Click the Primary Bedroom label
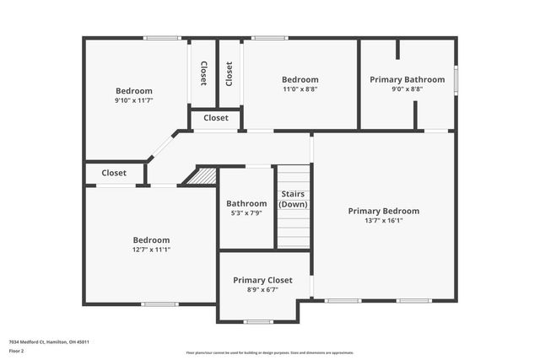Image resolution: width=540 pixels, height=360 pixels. [384, 211]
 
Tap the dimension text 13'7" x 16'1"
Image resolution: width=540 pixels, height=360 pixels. [384, 221]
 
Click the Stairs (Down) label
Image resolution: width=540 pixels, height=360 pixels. [294, 199]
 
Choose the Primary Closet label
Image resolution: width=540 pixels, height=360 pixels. [262, 280]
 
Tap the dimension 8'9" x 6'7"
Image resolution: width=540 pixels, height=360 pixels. [262, 289]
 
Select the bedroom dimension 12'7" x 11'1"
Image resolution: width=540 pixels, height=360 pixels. [151, 250]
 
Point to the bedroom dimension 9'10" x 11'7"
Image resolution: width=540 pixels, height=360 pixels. [134, 100]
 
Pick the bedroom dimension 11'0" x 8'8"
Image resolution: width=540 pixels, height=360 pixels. [300, 89]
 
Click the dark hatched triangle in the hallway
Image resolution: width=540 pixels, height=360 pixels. [203, 177]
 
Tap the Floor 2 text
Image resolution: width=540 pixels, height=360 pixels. [16, 350]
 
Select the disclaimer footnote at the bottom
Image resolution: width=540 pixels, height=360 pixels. [270, 352]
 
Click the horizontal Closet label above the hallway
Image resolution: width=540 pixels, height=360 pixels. [216, 118]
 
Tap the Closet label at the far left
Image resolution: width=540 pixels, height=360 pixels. [114, 173]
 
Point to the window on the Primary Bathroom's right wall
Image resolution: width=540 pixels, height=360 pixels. [456, 79]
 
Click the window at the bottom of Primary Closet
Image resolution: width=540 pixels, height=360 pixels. [257, 321]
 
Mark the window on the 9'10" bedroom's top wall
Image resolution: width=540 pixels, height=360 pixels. [161, 37]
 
